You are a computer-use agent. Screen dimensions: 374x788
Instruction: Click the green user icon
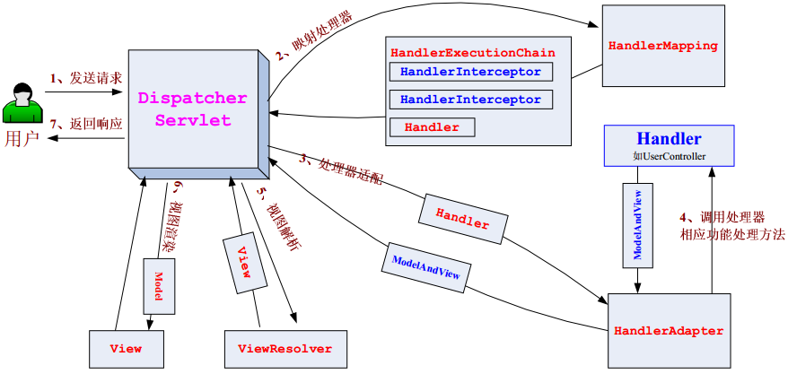pyautogui.click(x=22, y=103)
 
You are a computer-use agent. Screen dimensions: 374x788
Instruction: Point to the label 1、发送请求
pyautogui.click(x=85, y=79)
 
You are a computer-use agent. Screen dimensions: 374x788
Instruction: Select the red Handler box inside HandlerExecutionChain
pyautogui.click(x=431, y=127)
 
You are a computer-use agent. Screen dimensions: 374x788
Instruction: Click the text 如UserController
pyautogui.click(x=669, y=156)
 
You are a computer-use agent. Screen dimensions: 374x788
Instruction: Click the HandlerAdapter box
pyautogui.click(x=668, y=331)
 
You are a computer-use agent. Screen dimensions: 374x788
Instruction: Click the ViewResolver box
pyautogui.click(x=285, y=348)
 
